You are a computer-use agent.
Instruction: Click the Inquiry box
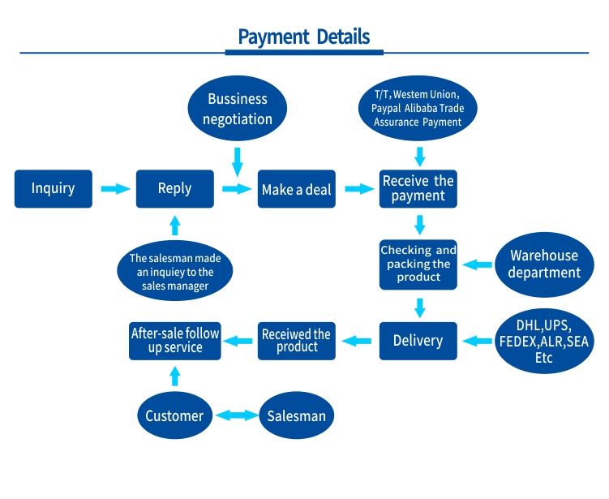click(x=54, y=189)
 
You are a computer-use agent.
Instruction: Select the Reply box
click(x=174, y=189)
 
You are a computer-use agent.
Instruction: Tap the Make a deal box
click(x=296, y=189)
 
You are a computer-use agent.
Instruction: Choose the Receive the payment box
click(x=418, y=189)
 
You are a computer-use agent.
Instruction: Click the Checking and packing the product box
click(x=418, y=265)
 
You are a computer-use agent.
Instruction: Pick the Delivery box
click(x=418, y=341)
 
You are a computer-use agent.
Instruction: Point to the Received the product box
click(x=296, y=341)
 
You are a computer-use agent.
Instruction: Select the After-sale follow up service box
click(x=175, y=341)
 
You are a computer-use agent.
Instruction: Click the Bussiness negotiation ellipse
click(x=237, y=109)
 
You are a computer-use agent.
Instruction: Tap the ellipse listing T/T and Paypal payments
click(x=418, y=109)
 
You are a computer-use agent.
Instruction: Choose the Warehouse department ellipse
click(x=544, y=265)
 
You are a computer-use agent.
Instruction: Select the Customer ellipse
click(x=174, y=416)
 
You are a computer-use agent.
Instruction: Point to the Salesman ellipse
click(x=297, y=416)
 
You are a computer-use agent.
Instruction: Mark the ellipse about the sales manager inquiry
click(x=174, y=273)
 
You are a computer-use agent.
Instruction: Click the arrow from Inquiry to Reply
click(x=114, y=189)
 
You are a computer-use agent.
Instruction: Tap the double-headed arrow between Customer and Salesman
click(x=236, y=416)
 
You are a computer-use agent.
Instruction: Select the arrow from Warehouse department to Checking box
click(x=478, y=265)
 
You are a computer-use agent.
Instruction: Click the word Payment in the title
click(x=273, y=37)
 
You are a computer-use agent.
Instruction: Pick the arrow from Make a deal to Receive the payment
click(x=358, y=189)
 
